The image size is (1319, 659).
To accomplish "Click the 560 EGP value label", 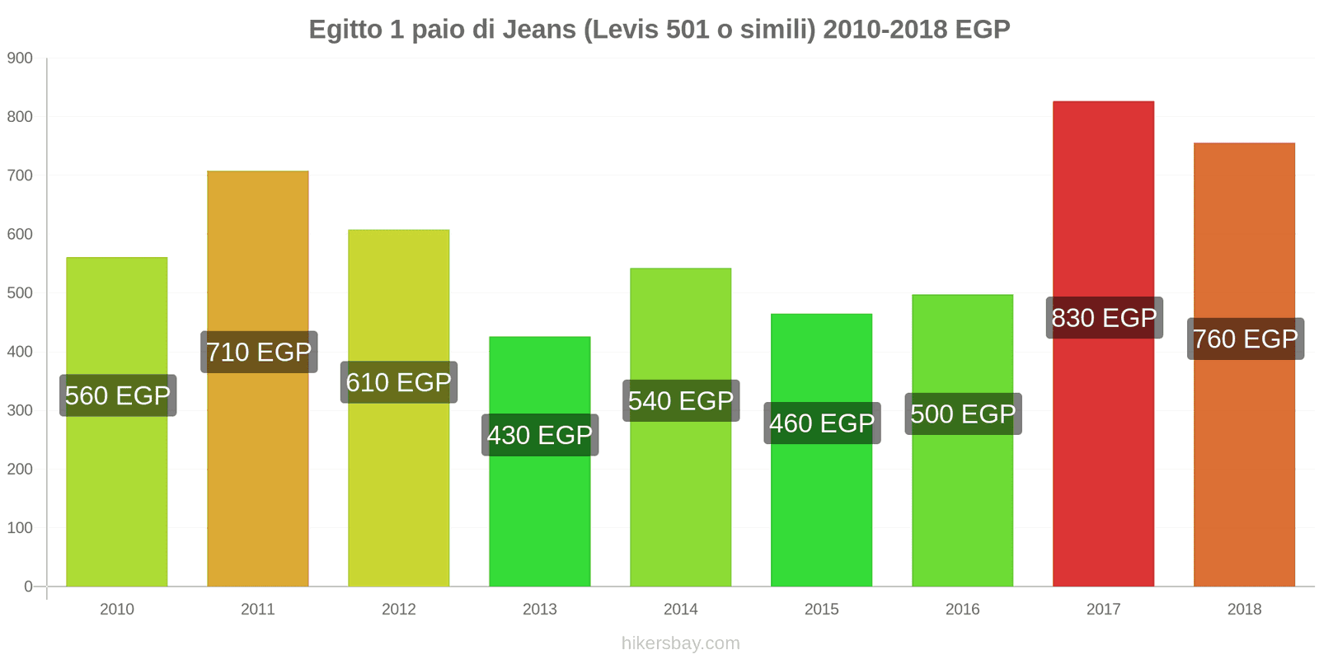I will pos(118,395).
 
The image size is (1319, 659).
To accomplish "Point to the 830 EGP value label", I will pos(1104,318).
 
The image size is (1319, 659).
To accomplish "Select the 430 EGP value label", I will pos(540,435).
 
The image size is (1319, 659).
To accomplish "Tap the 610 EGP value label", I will pos(399,382).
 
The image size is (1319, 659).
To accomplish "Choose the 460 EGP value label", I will pos(822,423).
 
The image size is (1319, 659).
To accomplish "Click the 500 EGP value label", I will pos(963,414).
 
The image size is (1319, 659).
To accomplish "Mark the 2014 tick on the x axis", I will pos(680,610).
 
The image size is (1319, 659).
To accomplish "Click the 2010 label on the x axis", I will pos(116,610).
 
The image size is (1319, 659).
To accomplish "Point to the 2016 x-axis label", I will pos(962,610).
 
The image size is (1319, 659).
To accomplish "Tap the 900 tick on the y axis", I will pos(20,58).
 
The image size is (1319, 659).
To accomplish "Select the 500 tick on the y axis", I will pos(20,293).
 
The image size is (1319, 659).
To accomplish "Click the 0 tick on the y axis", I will pos(29,587).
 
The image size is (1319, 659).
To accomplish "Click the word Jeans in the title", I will pos(539,30).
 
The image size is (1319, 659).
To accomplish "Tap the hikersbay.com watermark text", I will pos(680,643).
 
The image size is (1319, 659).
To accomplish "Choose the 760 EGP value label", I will pos(1245,339).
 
